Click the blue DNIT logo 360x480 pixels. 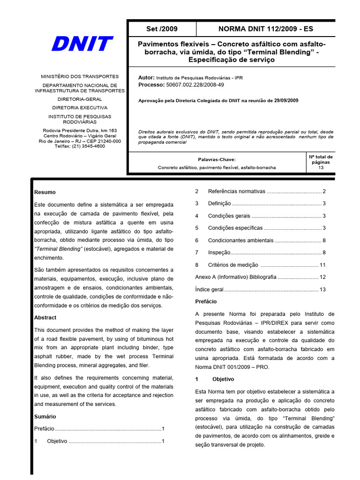[82, 45]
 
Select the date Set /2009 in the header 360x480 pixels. [162, 29]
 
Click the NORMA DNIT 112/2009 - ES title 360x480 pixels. [265, 29]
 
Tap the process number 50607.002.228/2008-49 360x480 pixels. [195, 85]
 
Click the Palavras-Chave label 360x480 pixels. [217, 159]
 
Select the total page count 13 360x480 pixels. [321, 167]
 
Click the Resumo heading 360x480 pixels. [45, 192]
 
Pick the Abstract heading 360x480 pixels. [45, 317]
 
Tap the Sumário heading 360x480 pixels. [45, 416]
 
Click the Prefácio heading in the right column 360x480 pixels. [206, 301]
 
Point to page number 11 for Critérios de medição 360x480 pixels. [322, 265]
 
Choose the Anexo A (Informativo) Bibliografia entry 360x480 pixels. [236, 277]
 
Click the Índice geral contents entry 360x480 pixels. [210, 290]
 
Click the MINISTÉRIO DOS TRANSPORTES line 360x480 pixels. [80, 76]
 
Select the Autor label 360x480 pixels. [146, 78]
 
